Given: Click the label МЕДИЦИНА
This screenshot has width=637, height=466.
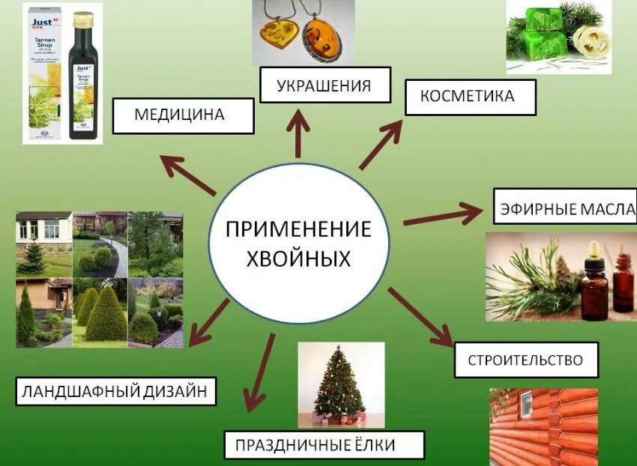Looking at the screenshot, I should coord(179,115).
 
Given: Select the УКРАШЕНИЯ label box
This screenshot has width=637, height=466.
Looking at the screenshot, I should coord(325,85).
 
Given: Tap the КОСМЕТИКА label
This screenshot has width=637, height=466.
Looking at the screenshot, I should coord(470,97).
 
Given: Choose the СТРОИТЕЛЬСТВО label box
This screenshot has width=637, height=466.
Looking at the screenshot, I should coord(527,360).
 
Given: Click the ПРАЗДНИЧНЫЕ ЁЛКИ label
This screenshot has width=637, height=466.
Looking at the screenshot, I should coord(324,445).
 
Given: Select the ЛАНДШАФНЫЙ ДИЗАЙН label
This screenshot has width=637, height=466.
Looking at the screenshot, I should coord(116,390).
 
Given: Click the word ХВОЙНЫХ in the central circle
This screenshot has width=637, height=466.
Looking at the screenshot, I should coord(300,259).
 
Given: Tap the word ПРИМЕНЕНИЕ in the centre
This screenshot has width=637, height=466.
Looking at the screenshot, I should coord(300,229).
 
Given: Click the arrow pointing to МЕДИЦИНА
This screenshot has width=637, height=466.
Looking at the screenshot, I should coord(188,175).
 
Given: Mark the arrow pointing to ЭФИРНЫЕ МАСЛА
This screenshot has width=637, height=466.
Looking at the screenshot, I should coord(442,217).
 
